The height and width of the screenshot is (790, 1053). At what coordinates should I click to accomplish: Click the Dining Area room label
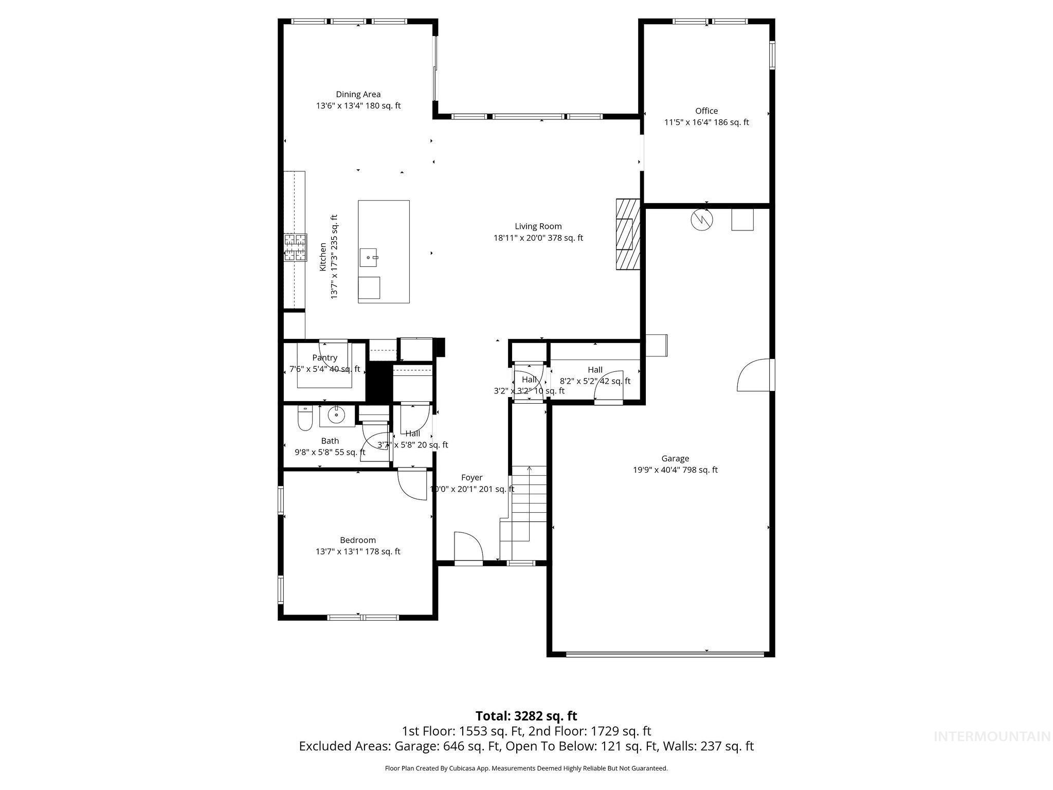pos(358,94)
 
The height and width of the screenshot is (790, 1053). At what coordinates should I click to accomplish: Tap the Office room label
pos(706,111)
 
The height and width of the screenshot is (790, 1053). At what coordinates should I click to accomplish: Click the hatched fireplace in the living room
pos(628,234)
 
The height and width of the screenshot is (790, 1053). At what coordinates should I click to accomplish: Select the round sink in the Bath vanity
pos(337,415)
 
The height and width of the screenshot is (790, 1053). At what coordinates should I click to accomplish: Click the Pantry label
pos(324,357)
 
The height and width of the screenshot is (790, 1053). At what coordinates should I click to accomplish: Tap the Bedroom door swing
pos(411,483)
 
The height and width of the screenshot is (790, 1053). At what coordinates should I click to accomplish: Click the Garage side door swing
pos(754,375)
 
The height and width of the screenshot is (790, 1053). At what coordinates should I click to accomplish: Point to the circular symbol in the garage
pos(702,220)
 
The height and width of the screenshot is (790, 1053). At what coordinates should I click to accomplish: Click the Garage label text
pos(675,458)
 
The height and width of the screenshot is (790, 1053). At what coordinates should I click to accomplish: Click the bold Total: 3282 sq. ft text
pos(526,716)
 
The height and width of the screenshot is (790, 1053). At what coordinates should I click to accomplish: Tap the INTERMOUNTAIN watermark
pos(991,737)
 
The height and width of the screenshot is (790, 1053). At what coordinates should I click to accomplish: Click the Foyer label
pos(471,477)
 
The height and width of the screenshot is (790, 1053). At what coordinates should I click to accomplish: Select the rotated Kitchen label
pos(323,257)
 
